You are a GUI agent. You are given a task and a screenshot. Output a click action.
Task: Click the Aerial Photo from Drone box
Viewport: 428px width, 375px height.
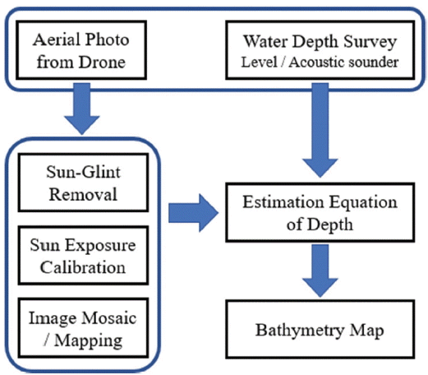(81, 50)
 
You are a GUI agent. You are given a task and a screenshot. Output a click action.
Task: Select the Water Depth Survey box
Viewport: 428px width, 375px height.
(320, 50)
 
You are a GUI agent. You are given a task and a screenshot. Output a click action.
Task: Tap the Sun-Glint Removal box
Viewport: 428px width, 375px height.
(83, 183)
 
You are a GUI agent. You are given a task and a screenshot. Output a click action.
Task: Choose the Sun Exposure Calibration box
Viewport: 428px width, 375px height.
(83, 256)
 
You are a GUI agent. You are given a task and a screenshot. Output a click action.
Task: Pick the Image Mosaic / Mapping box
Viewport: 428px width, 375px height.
(83, 328)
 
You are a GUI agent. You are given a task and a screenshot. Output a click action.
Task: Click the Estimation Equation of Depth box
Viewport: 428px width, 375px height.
(320, 212)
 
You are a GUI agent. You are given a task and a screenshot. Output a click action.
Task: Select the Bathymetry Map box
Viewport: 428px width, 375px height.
(320, 330)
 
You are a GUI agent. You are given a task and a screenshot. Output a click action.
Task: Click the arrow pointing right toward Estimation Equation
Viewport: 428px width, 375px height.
(193, 213)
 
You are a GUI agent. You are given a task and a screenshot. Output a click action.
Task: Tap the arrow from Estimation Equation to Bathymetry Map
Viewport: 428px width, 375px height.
(320, 271)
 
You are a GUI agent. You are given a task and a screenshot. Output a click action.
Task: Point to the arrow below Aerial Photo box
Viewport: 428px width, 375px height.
(82, 109)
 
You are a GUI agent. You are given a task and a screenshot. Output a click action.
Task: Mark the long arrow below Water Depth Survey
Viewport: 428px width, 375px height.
(320, 130)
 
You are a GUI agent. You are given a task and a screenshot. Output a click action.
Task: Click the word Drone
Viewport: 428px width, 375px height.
(102, 62)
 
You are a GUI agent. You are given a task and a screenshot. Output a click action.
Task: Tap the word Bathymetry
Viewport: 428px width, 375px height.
(299, 331)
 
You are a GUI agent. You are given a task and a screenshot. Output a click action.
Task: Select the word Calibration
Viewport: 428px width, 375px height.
(83, 267)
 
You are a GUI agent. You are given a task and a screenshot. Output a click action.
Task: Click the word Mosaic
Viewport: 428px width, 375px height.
(109, 318)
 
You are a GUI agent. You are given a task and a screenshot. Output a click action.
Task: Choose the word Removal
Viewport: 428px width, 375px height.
(83, 194)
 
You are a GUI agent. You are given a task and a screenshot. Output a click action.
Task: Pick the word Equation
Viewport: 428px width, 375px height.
(363, 203)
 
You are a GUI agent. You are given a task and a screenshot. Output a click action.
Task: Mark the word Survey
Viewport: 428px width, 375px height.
(370, 43)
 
